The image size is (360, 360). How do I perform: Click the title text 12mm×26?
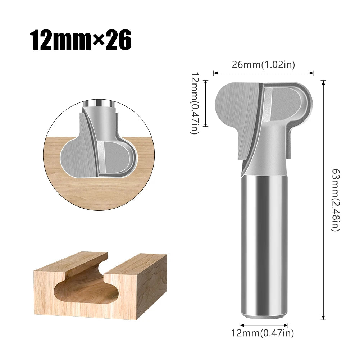81,40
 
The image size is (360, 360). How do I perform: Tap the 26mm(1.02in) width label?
264,65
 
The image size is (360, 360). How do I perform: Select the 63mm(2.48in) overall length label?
335,200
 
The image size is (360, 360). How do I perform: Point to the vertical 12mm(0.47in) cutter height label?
195,103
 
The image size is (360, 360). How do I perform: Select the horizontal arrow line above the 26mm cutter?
264,73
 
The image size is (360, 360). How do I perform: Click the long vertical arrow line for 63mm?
324,200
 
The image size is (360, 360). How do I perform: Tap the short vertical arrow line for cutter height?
206,103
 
